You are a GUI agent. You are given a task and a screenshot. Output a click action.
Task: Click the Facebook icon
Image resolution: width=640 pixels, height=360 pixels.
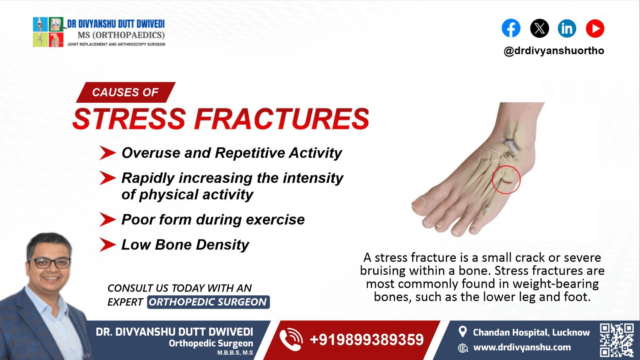(x=511, y=28)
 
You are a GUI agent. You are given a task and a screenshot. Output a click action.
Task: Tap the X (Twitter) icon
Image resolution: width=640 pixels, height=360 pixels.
(x=539, y=28)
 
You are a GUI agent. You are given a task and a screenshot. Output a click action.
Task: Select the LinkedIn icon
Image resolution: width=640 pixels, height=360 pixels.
(x=567, y=28)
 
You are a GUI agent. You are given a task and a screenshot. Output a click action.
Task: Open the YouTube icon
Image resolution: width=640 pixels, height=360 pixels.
(x=595, y=28)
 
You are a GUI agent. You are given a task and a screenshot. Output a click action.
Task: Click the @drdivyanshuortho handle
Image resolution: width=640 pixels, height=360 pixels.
(x=554, y=51)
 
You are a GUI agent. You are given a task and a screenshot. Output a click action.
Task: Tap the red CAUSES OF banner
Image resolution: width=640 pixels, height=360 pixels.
(x=125, y=92)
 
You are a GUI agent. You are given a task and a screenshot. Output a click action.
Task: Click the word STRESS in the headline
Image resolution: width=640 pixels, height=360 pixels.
(x=129, y=119)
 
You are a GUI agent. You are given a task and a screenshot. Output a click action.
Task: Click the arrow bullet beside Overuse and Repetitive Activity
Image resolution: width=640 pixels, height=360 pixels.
(x=107, y=153)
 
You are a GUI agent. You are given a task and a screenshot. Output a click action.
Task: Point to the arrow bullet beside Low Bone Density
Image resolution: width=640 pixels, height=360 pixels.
(x=107, y=245)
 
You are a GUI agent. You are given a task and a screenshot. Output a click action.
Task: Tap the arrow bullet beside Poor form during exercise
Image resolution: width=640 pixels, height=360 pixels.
(x=107, y=219)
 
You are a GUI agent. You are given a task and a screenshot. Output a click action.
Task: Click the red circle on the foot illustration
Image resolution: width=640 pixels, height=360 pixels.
(x=506, y=180)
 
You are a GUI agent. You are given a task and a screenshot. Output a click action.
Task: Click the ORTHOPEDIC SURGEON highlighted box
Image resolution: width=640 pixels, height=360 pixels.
(x=208, y=302)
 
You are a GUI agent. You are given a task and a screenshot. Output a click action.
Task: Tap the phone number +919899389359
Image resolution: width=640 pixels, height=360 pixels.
(x=367, y=340)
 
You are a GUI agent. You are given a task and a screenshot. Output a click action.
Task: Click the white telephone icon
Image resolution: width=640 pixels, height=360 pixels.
(x=291, y=339)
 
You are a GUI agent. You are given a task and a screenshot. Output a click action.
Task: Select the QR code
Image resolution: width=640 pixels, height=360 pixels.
(x=616, y=340)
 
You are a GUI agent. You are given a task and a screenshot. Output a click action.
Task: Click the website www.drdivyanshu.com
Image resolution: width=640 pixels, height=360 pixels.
(x=522, y=347)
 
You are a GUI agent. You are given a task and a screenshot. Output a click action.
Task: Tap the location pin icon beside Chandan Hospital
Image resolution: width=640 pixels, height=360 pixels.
(x=462, y=332)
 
